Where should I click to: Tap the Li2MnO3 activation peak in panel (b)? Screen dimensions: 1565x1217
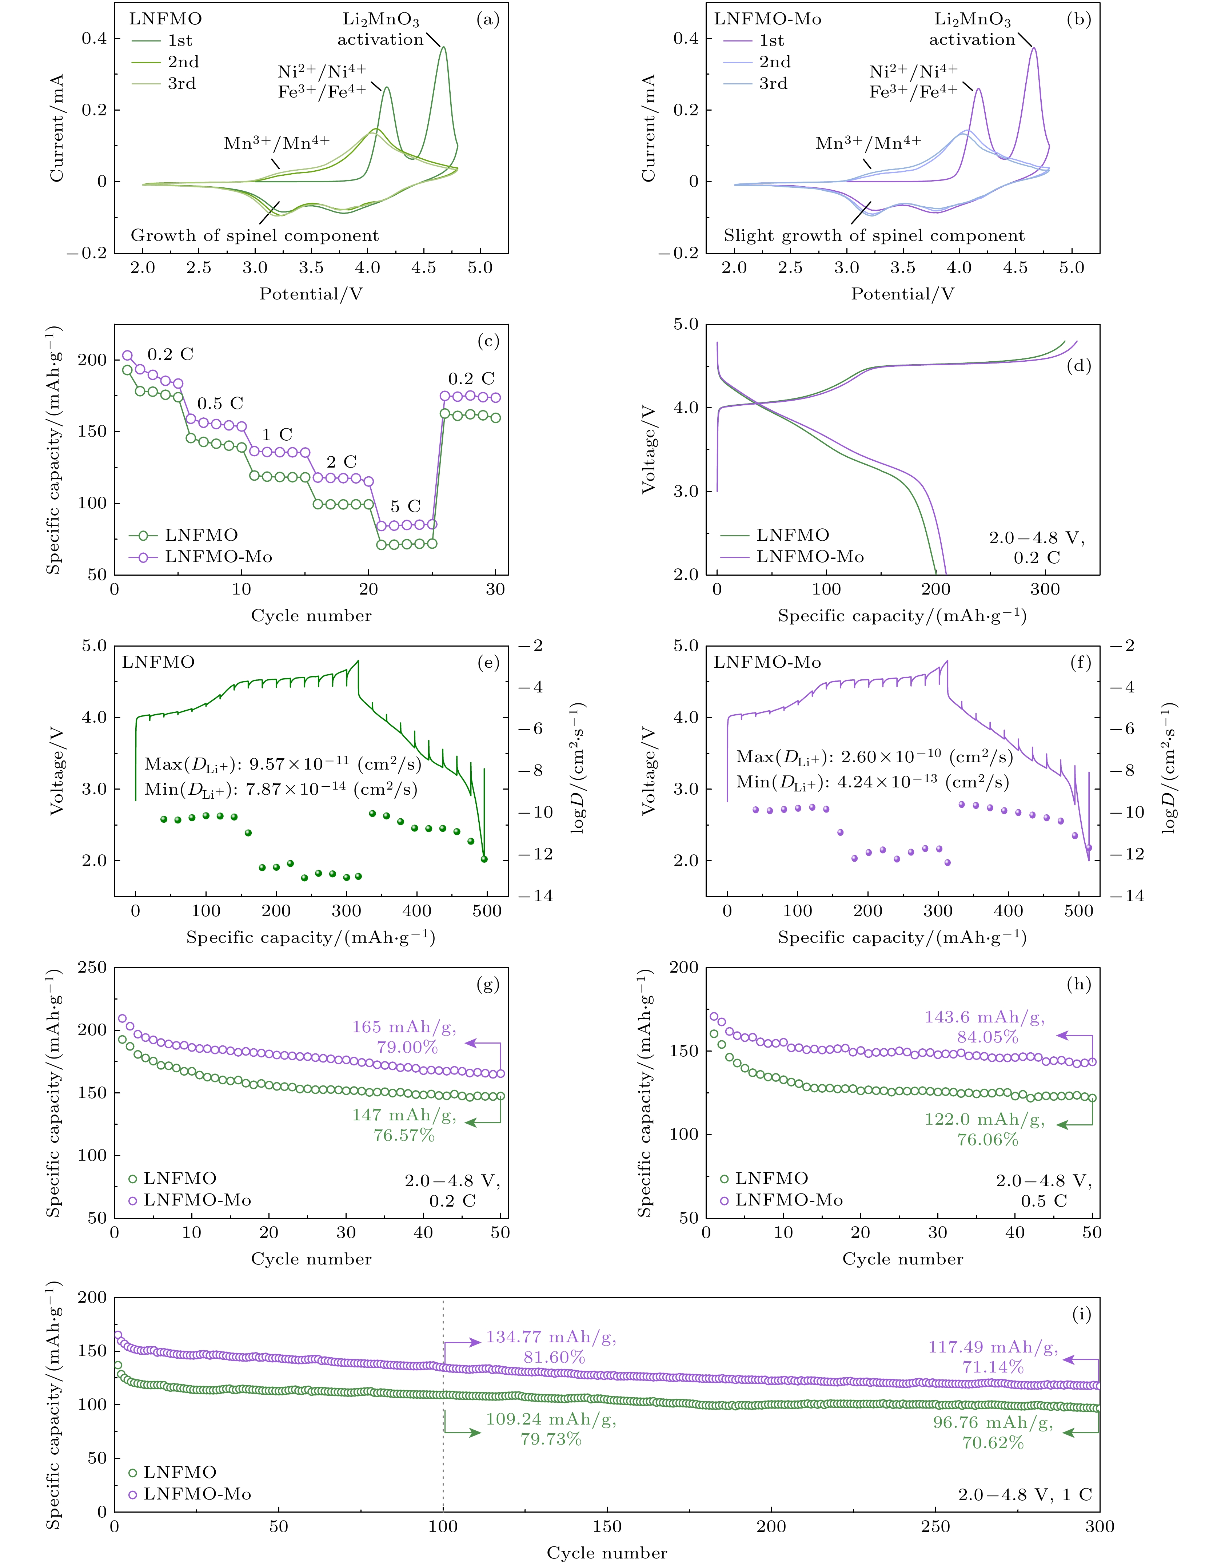click(1034, 49)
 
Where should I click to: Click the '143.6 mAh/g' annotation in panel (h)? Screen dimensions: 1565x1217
click(984, 1017)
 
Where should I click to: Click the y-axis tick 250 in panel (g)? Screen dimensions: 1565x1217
click(92, 968)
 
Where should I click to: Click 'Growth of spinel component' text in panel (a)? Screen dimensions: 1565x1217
click(255, 236)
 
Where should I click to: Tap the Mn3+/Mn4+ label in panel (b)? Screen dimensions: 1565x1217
click(868, 143)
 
